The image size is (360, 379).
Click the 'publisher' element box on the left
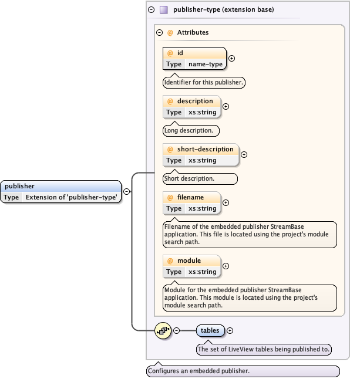click(61, 192)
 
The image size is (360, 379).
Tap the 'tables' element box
click(210, 331)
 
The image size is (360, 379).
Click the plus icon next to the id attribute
click(231, 59)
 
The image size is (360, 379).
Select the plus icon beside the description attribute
click(226, 107)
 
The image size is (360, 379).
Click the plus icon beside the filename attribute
click(226, 203)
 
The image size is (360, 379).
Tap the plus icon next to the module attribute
click(226, 266)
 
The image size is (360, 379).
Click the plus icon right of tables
click(230, 331)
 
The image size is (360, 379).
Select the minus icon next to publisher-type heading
click(152, 10)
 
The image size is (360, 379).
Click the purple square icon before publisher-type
click(164, 10)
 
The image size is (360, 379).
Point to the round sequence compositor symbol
click(163, 331)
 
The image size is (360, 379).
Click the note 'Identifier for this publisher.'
click(203, 83)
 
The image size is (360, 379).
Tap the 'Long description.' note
click(191, 131)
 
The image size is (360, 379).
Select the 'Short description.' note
click(200, 179)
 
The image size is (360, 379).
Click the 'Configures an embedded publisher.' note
click(243, 371)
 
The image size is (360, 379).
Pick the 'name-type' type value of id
click(206, 64)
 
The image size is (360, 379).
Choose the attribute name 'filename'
click(190, 197)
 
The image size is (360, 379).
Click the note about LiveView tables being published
click(264, 350)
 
